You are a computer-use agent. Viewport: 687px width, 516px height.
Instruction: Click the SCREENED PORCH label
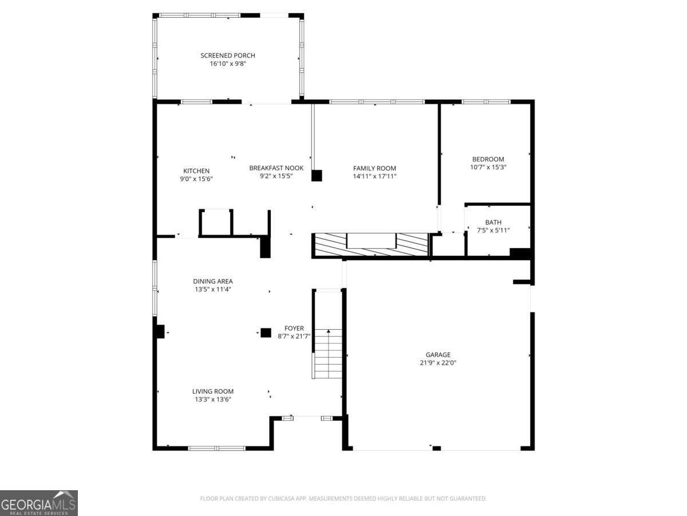227,56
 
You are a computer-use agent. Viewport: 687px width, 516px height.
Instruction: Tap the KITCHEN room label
196,171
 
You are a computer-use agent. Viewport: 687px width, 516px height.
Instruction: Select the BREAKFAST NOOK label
276,168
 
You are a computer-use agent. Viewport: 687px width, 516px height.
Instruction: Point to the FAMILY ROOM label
374,169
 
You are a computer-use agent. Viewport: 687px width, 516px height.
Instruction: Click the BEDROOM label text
488,159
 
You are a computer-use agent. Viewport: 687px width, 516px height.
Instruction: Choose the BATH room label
493,222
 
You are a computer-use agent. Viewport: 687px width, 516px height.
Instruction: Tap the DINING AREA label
213,282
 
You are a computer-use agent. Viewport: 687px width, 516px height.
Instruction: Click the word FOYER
294,329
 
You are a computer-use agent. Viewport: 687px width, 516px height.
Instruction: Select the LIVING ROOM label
213,392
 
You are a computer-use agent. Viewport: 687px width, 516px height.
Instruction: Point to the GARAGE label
438,355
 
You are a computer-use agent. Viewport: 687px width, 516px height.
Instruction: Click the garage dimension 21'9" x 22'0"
438,363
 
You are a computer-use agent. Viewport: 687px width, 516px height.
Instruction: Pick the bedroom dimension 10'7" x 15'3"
488,167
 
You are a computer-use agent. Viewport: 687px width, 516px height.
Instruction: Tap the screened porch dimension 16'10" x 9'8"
228,64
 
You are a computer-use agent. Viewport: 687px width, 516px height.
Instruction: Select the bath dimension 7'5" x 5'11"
493,230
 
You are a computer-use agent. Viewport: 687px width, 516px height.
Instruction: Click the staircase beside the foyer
328,353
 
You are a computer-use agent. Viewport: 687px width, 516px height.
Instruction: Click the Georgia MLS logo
39,503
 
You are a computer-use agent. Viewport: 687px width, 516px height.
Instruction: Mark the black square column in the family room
317,175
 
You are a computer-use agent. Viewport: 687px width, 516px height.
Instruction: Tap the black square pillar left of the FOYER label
266,333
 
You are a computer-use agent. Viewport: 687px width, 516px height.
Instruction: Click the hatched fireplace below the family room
371,245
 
